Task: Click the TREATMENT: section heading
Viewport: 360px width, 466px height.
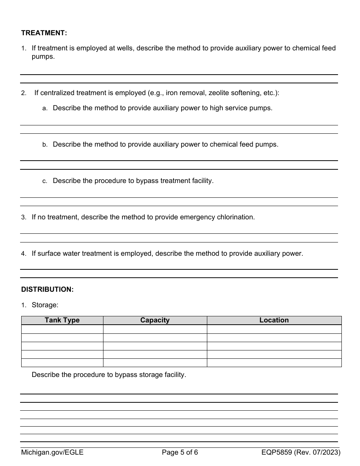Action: (44, 33)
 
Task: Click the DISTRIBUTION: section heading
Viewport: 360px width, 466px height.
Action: (47, 289)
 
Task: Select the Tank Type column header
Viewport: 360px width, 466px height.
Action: (62, 320)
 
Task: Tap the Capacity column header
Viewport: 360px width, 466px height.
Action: (155, 320)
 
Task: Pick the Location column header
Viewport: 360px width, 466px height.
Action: (274, 320)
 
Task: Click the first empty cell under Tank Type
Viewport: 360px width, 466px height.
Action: (62, 329)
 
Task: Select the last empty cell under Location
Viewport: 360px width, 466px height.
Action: (274, 363)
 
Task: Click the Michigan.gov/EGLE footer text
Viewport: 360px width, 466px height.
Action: (52, 452)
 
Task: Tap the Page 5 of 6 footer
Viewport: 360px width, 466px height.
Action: (180, 452)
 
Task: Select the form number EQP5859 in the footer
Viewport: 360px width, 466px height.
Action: (276, 452)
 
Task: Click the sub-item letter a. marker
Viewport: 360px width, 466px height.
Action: (45, 108)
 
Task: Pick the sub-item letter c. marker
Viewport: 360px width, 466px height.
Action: (45, 181)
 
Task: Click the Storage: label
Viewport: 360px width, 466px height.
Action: (45, 305)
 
